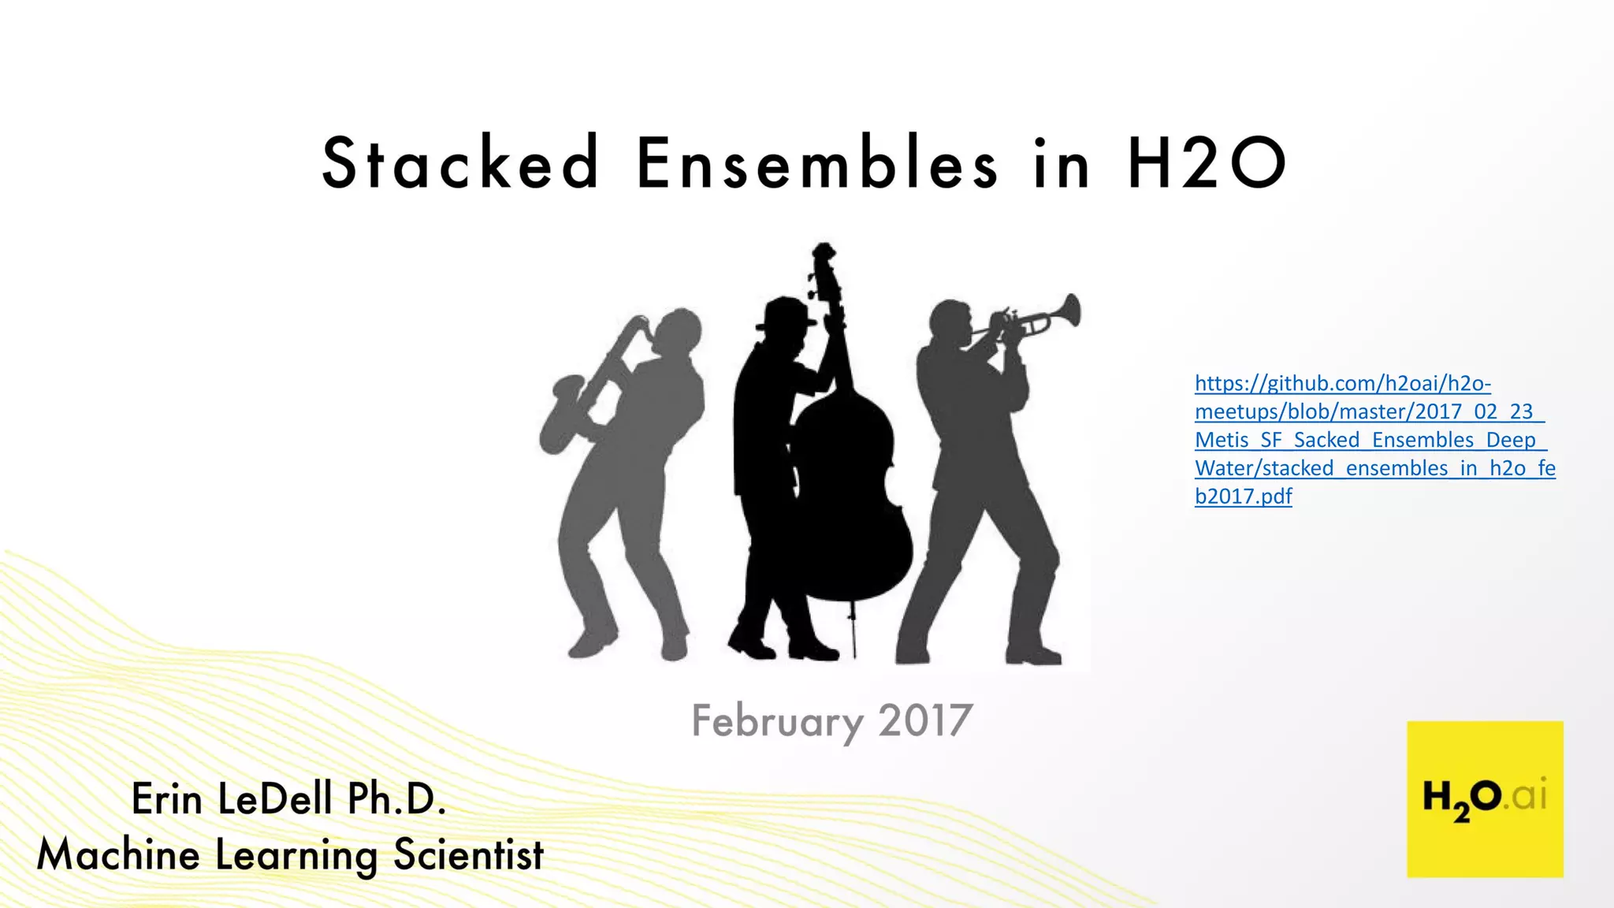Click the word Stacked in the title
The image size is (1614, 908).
461,163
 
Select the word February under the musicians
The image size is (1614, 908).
777,721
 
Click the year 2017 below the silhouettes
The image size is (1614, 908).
925,720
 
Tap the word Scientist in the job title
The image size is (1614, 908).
469,855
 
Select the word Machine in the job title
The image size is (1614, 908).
118,855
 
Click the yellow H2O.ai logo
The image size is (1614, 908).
1485,798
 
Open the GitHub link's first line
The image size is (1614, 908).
1342,384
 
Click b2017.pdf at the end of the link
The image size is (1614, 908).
1243,497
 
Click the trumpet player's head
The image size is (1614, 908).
950,322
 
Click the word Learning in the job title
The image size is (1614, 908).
296,856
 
